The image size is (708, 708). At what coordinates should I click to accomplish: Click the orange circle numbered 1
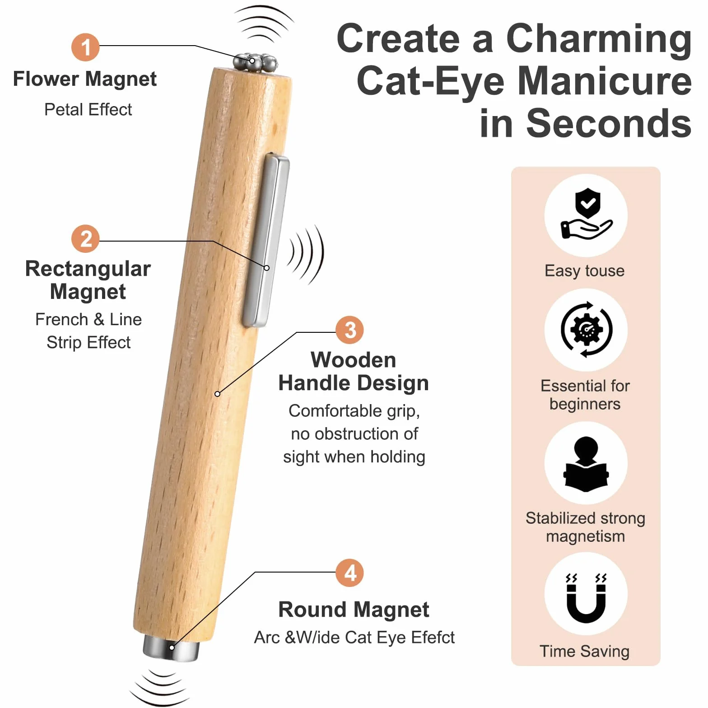pos(85,47)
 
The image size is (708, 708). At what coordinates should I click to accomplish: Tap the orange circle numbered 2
pos(85,239)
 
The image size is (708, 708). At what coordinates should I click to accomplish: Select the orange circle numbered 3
pos(350,330)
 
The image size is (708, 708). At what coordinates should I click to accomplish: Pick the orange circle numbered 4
pos(350,573)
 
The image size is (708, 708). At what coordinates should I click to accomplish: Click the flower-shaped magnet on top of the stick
pos(256,63)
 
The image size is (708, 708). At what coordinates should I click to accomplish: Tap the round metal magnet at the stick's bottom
pos(171,648)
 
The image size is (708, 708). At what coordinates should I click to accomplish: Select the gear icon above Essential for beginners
pos(586,330)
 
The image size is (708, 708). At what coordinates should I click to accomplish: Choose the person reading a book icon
pos(586,464)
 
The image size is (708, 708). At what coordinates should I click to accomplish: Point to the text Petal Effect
pos(88,110)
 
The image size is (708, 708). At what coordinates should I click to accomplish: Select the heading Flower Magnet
pos(85,80)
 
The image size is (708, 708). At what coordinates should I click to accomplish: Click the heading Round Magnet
pos(354,610)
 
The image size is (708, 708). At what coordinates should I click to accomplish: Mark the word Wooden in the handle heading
pos(353,360)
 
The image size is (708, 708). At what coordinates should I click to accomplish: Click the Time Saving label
pos(585,652)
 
